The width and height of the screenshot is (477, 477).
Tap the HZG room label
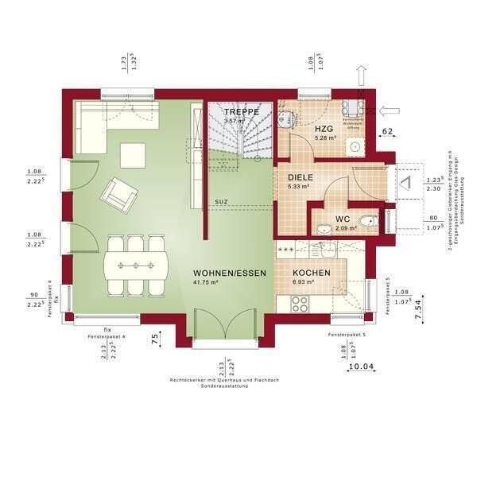point(301,128)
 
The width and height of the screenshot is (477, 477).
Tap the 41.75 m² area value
point(207,283)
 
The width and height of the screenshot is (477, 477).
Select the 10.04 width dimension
point(362,366)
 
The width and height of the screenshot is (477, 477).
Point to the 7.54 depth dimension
point(417,308)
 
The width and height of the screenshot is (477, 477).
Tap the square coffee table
point(133,154)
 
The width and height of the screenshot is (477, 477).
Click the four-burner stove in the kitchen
point(300,303)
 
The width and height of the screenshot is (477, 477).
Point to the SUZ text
point(220,202)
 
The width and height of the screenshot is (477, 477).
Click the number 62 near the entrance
point(389,132)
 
